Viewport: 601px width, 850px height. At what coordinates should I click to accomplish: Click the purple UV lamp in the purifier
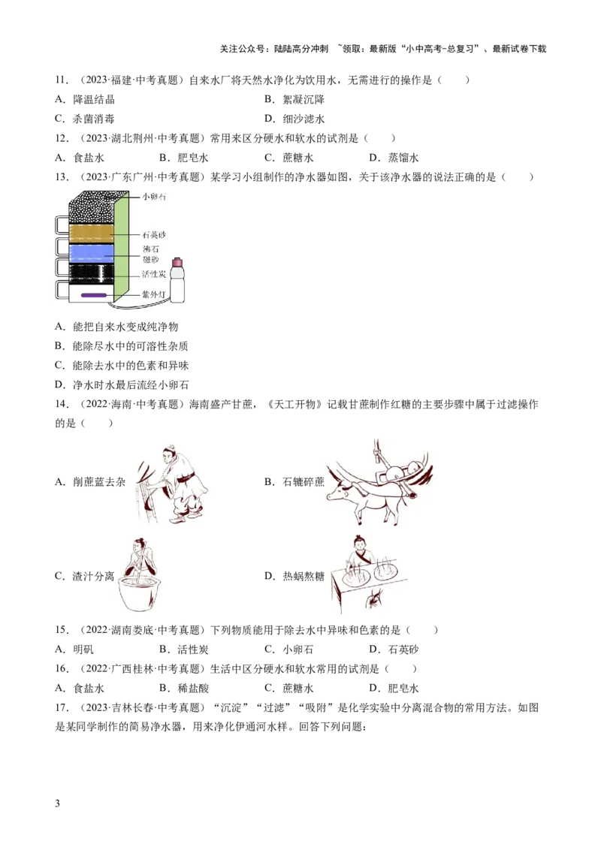[x=93, y=295]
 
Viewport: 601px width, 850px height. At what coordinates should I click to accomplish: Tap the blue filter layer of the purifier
[x=91, y=252]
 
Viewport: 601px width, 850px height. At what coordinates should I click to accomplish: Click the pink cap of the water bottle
[x=177, y=263]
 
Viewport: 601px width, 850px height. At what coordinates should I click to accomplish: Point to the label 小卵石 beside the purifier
[x=154, y=196]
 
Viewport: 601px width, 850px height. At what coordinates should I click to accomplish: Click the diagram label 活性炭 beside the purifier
[x=154, y=274]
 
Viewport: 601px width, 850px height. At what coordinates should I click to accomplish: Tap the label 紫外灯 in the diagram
[x=153, y=294]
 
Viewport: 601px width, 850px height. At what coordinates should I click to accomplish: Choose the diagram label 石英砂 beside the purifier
[x=154, y=235]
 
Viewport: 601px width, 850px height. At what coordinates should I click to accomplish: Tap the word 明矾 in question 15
[x=83, y=650]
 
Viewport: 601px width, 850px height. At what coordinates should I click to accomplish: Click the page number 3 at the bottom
[x=58, y=803]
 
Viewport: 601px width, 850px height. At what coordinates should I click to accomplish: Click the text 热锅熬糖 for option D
[x=304, y=576]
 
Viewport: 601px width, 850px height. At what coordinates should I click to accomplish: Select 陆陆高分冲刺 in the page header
[x=301, y=49]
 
